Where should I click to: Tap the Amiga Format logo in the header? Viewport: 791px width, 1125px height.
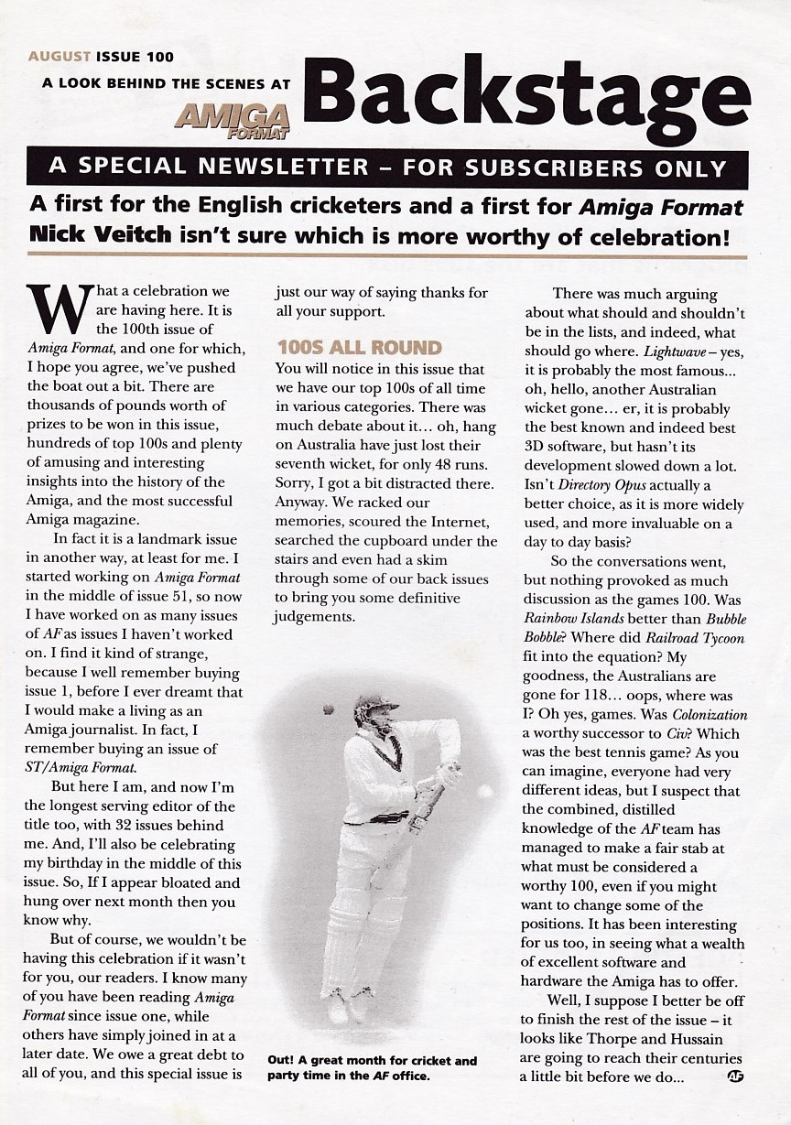[233, 118]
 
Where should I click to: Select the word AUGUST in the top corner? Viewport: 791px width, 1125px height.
[60, 57]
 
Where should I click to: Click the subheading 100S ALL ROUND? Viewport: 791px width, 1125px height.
[359, 348]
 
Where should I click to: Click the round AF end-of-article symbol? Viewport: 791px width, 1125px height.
[734, 1076]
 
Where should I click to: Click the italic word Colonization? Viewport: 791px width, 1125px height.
[710, 714]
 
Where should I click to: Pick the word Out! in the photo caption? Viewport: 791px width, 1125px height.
[281, 1061]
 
